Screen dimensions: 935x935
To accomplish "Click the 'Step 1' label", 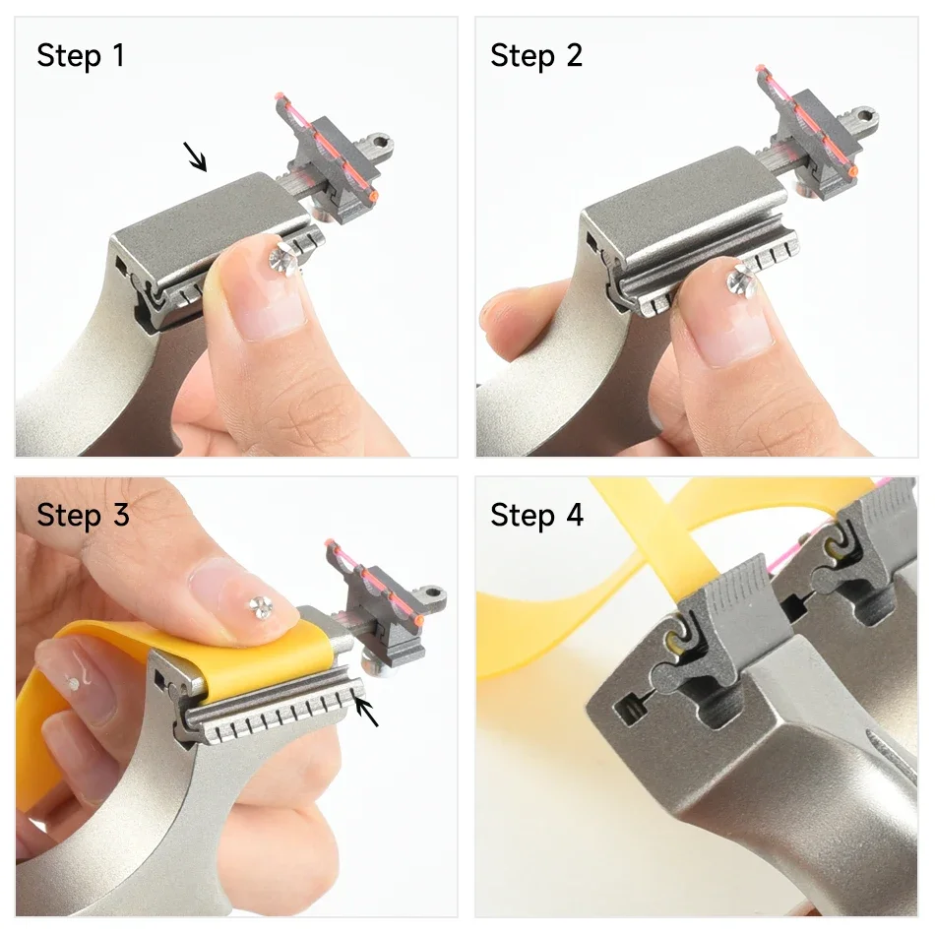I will pyautogui.click(x=81, y=56).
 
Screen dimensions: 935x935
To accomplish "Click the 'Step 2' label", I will pyautogui.click(x=536, y=56).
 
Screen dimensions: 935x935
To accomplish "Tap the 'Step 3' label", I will pyautogui.click(x=83, y=514).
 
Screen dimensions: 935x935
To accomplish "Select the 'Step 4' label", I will pyautogui.click(x=536, y=514).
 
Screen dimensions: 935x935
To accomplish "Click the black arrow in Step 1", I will pyautogui.click(x=196, y=156).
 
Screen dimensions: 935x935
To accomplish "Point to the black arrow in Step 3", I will pyautogui.click(x=367, y=711).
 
